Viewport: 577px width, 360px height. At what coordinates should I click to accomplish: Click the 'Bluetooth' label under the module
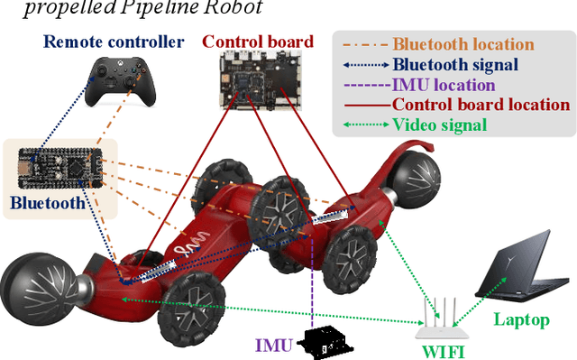pyautogui.click(x=49, y=203)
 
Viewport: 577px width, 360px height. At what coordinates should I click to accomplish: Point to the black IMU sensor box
pyautogui.click(x=327, y=341)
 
